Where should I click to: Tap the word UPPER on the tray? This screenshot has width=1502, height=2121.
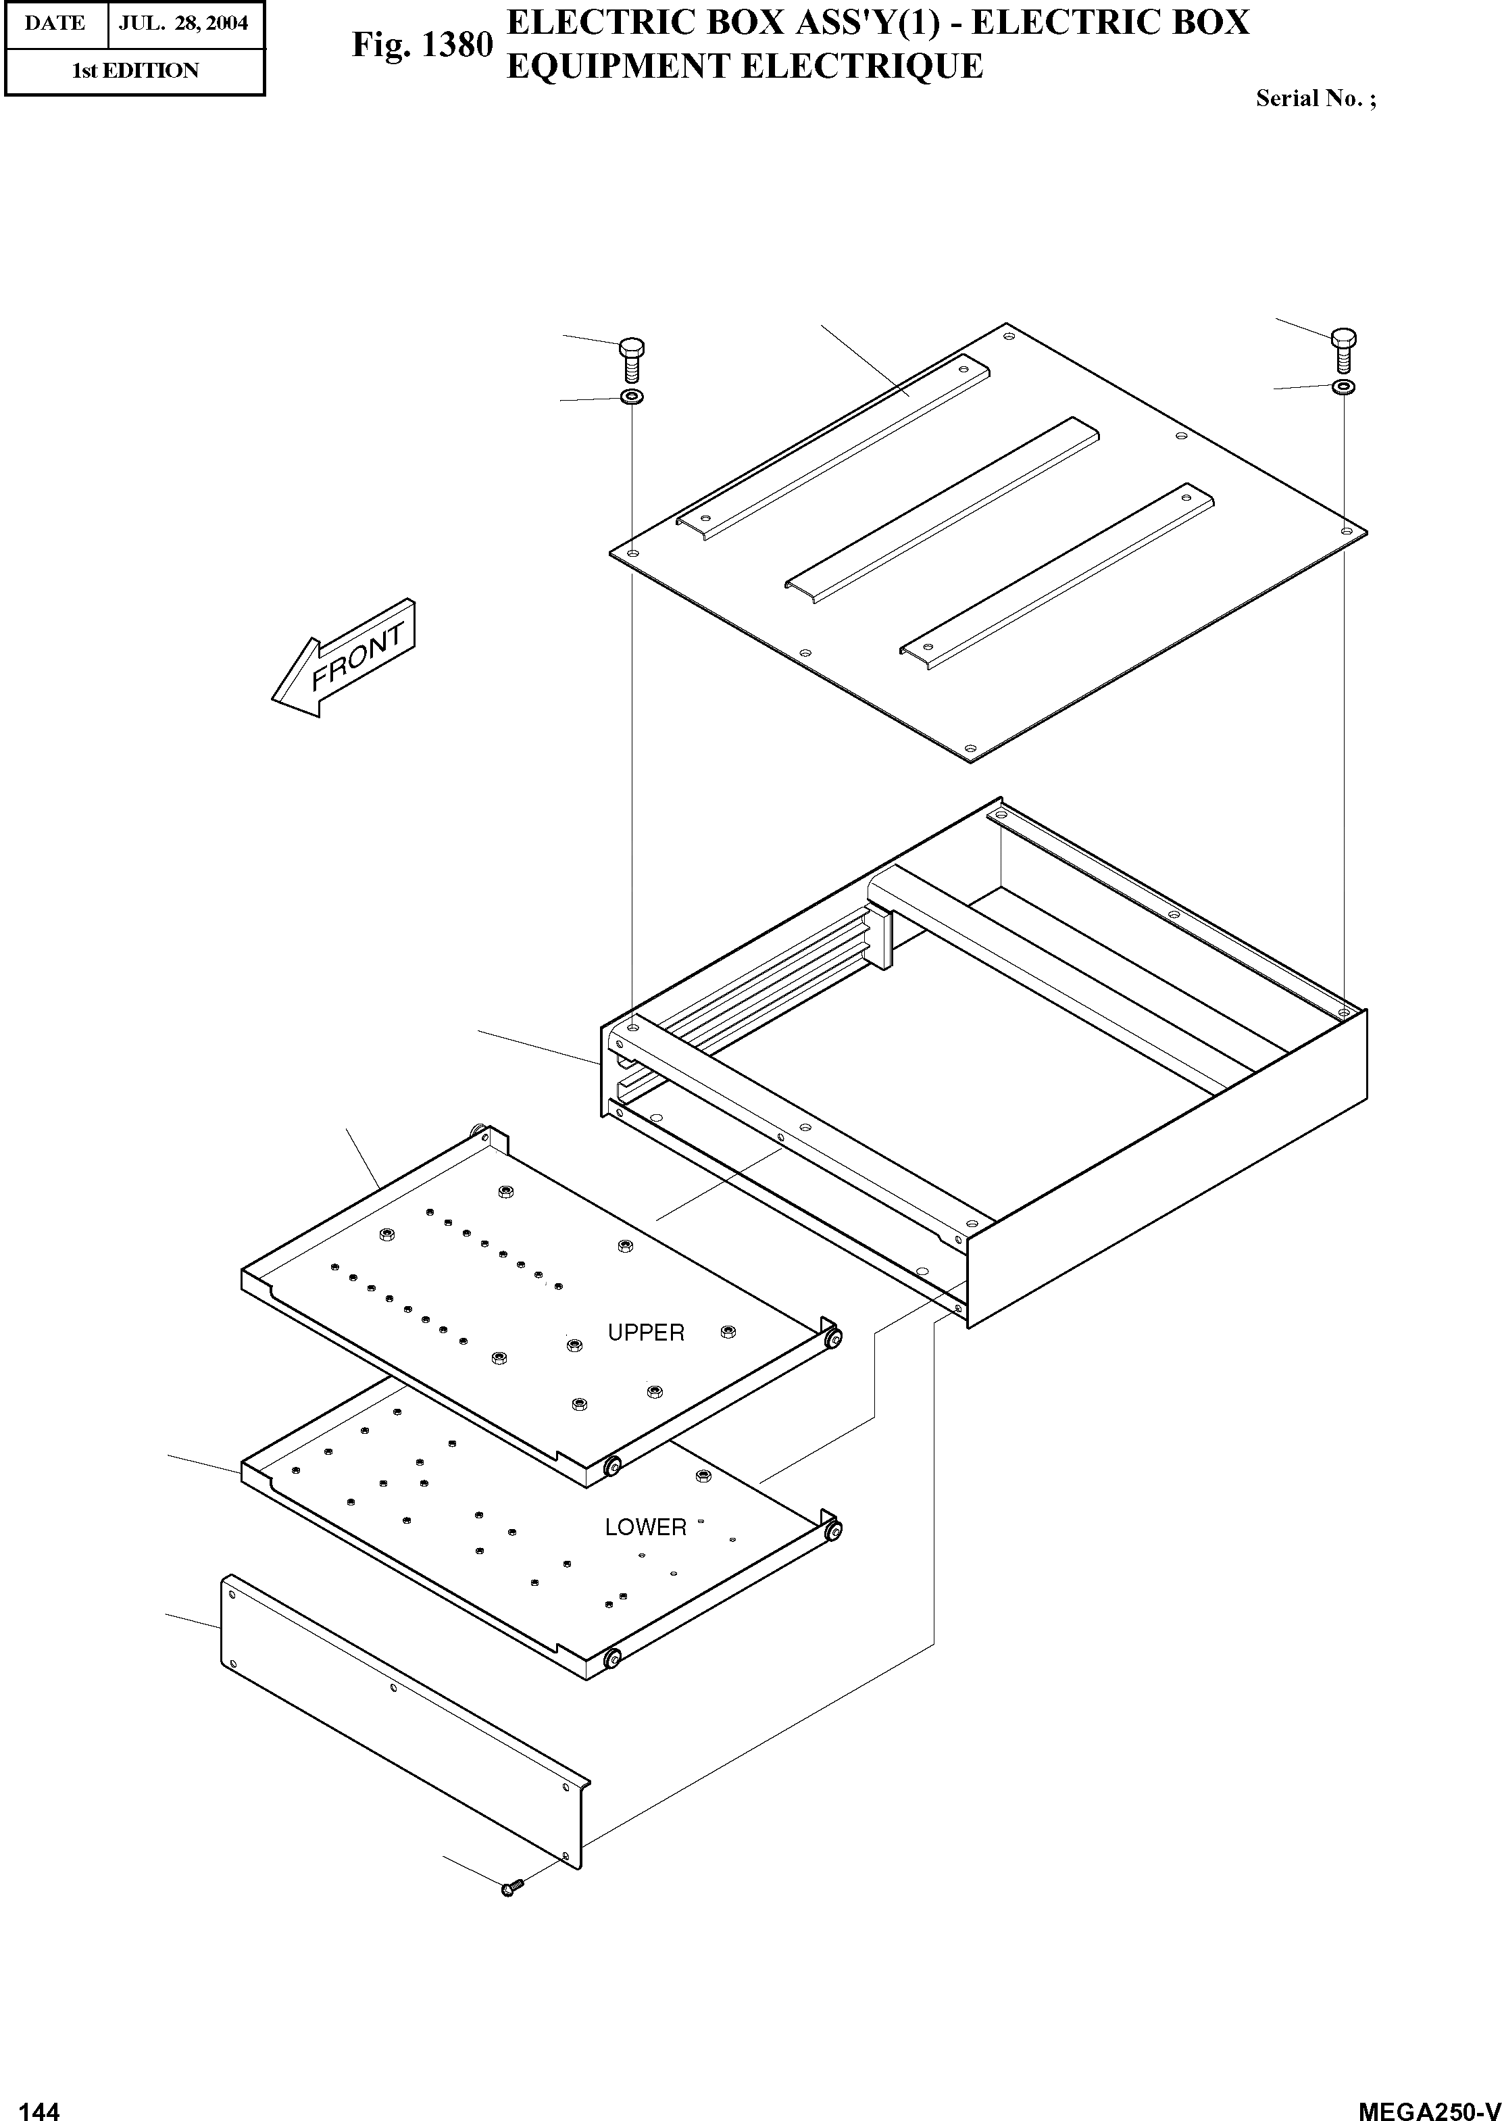click(645, 1333)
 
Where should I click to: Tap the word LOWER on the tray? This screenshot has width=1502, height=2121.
click(645, 1527)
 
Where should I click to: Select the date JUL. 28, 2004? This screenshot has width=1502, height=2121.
click(183, 23)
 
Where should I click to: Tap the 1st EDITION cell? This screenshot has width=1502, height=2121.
click(135, 71)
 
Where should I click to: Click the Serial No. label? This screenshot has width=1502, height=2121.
click(1314, 99)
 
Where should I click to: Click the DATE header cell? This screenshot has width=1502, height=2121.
click(55, 23)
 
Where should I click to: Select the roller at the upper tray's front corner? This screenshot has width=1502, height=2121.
click(611, 1467)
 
